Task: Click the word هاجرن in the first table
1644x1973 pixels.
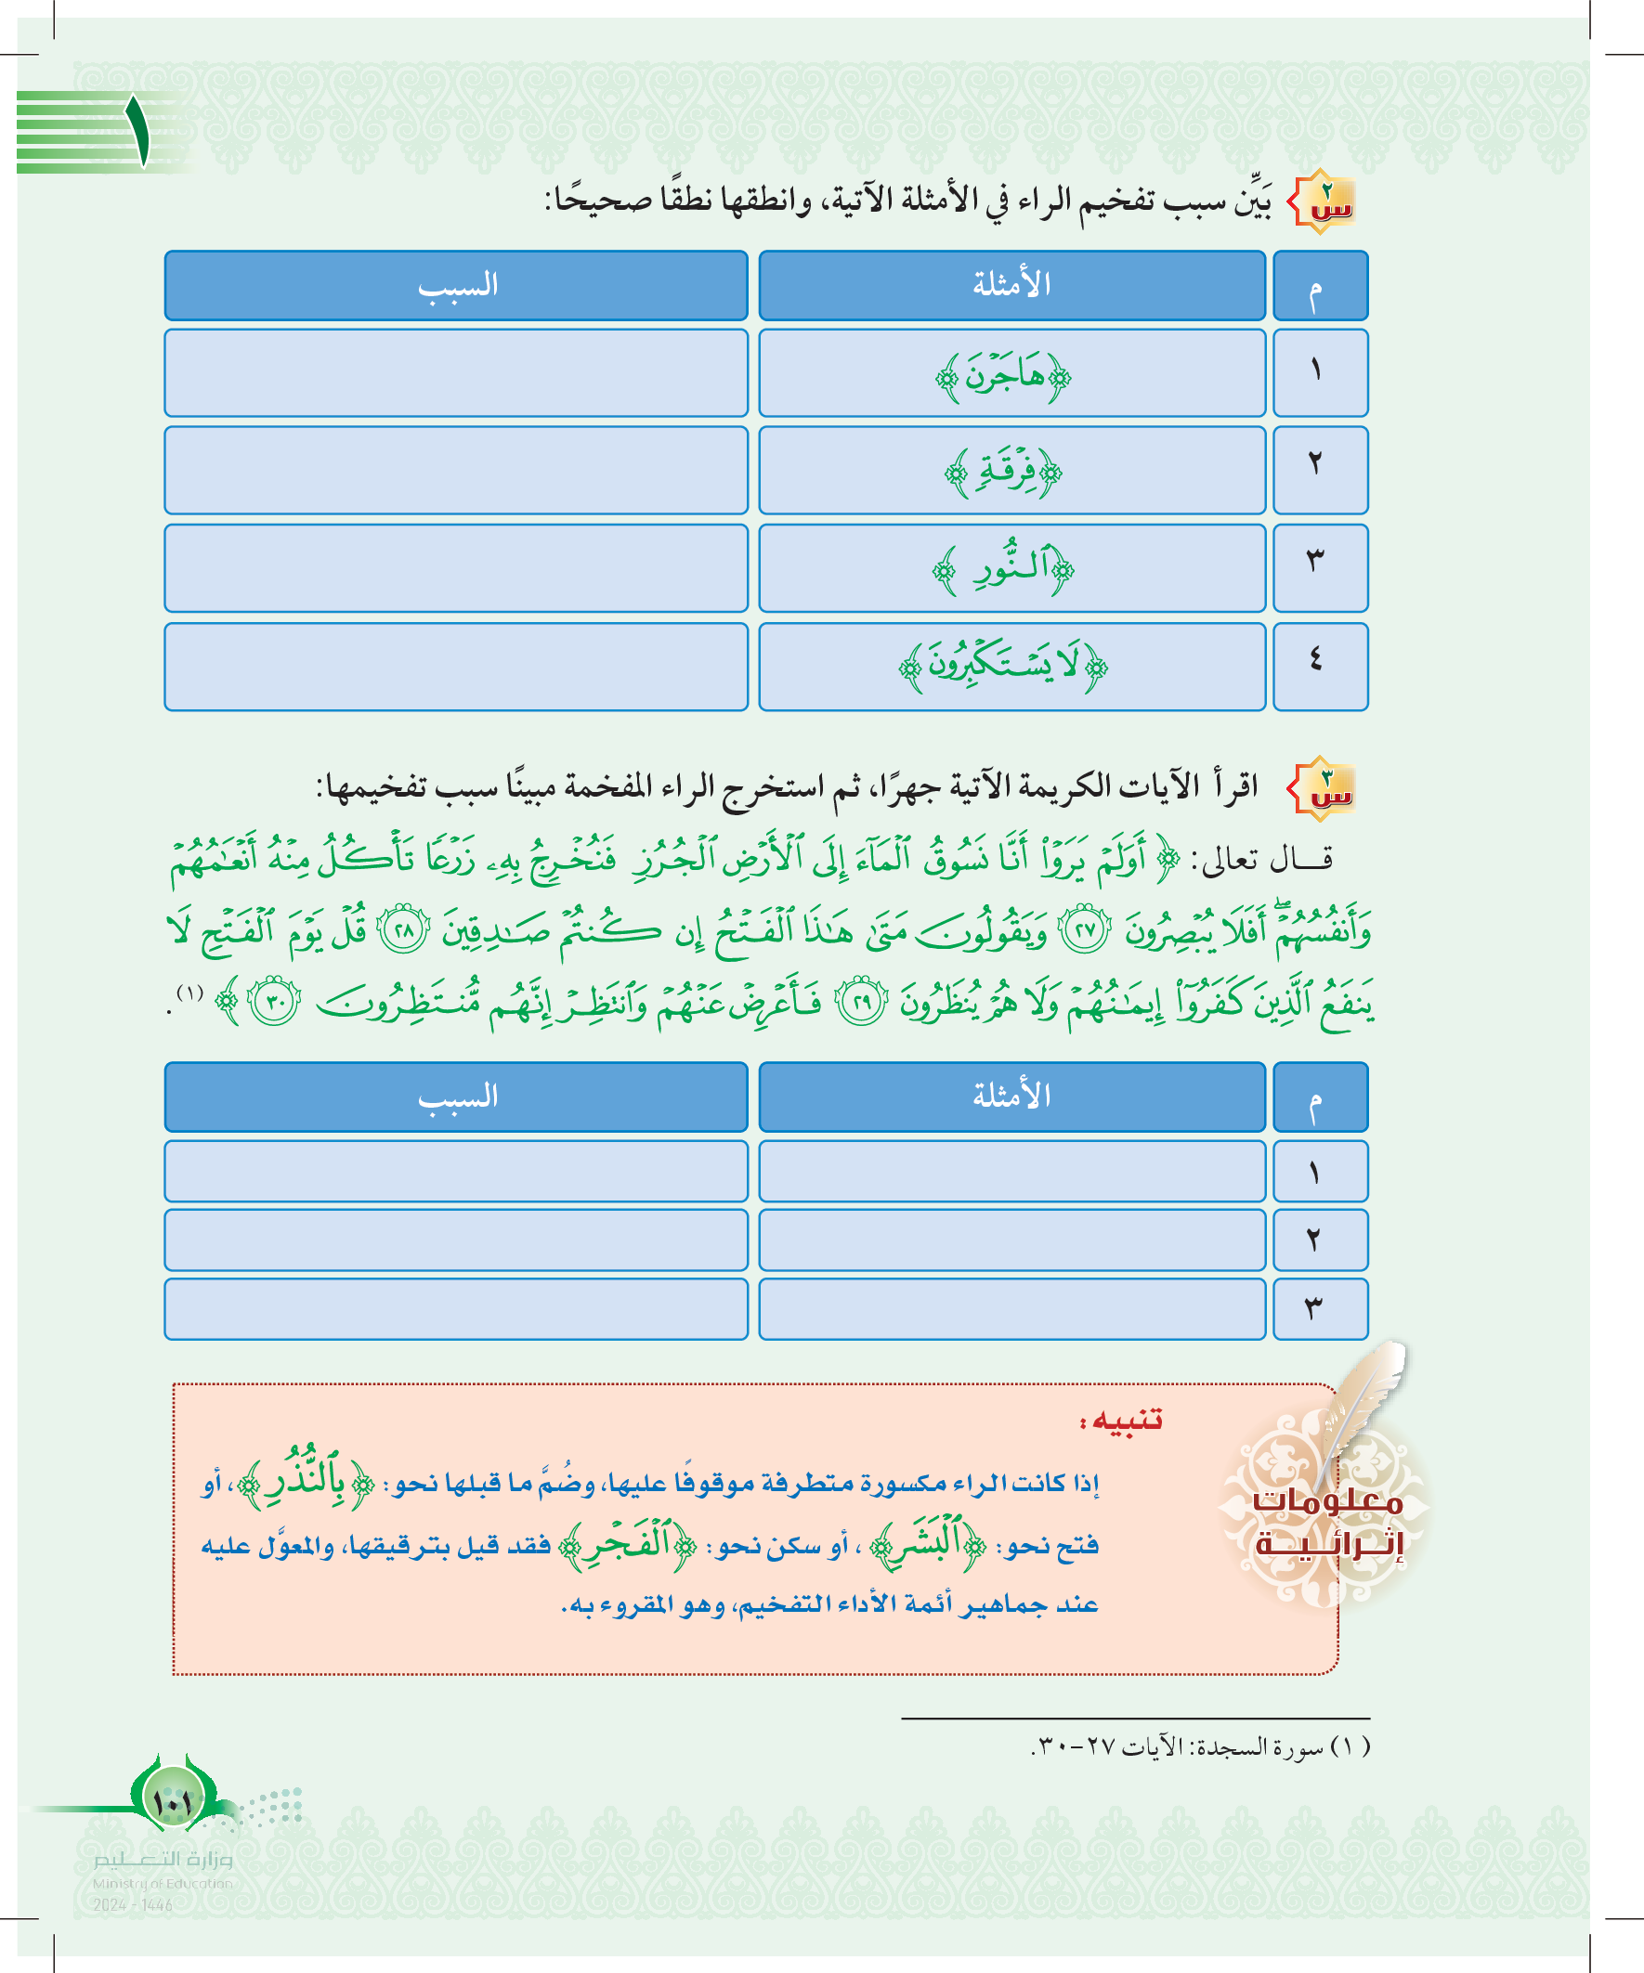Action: tap(1004, 377)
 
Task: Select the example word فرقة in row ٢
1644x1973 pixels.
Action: tap(1004, 473)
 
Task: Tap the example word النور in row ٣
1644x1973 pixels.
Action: tap(1004, 569)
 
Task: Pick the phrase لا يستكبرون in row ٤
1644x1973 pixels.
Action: tap(1004, 666)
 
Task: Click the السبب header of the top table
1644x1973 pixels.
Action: tap(457, 286)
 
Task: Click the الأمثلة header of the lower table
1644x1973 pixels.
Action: tap(1011, 1097)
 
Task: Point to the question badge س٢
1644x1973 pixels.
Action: tap(1322, 201)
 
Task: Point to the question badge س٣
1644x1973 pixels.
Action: tap(1322, 787)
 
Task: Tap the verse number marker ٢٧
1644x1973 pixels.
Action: tap(1086, 933)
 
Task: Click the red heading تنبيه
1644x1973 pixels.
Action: tap(1121, 1421)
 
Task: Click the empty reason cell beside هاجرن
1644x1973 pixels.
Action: tap(457, 373)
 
